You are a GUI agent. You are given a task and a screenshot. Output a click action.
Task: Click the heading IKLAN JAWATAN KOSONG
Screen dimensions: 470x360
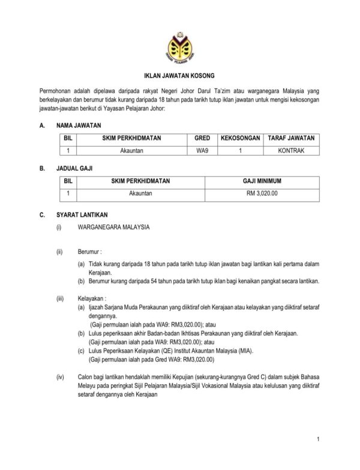179,77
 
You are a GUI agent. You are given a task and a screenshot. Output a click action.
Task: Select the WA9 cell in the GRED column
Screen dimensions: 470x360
203,151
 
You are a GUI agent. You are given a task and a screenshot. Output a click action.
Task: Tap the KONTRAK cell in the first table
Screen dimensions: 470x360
291,151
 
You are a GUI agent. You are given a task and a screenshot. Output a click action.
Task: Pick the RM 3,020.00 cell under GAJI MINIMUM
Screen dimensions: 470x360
262,193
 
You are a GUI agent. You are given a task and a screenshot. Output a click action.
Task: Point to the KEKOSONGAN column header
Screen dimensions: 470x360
240,138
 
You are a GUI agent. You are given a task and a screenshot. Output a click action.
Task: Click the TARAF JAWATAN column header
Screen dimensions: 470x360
291,138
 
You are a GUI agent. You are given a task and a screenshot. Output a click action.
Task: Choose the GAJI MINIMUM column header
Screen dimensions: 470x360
262,181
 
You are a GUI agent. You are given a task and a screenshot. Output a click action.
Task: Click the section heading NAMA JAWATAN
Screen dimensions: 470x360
79,126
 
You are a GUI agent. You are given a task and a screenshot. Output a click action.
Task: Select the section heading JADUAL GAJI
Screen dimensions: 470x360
74,169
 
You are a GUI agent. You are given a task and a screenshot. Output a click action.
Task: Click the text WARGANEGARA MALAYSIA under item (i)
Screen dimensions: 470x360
113,228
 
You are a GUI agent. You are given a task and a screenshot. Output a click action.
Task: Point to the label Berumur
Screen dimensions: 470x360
90,252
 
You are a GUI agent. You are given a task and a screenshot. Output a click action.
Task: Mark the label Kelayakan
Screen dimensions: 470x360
92,298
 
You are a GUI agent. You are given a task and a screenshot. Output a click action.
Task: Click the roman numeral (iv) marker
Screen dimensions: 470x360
60,377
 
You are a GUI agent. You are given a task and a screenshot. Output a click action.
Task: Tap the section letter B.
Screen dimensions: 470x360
42,169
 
